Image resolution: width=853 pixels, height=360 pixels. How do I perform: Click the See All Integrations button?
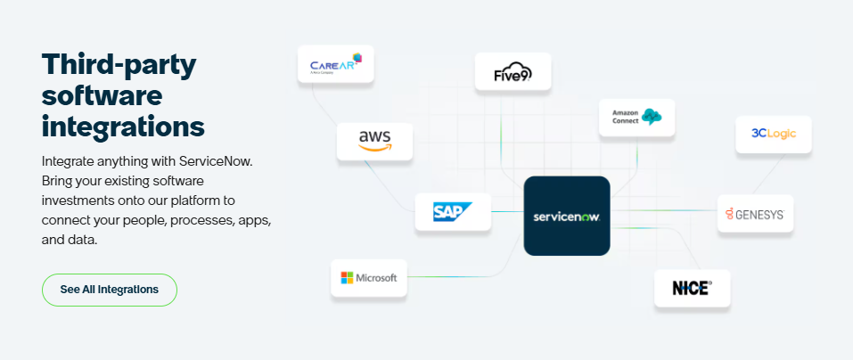[110, 290]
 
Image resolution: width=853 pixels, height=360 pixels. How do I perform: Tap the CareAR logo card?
[335, 64]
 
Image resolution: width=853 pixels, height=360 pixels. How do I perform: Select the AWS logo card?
[374, 141]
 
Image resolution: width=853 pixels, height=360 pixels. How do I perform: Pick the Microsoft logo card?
[368, 278]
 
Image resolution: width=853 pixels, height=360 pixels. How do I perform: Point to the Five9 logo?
[513, 72]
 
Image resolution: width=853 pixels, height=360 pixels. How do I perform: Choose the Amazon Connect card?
[636, 117]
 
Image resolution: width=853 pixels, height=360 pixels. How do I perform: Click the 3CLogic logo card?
[773, 135]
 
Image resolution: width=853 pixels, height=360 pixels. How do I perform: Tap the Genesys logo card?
[755, 214]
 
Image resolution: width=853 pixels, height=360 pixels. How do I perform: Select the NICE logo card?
[692, 288]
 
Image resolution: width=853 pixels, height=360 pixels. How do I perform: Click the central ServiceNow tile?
[567, 217]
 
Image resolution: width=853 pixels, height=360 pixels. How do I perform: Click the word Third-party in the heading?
[119, 64]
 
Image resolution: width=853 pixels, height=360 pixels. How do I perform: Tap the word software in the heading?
[102, 94]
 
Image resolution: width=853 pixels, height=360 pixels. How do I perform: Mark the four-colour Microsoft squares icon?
[347, 278]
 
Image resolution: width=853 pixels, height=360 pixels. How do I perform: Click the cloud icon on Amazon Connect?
[652, 117]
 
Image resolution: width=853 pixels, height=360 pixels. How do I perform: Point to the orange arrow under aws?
[374, 150]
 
